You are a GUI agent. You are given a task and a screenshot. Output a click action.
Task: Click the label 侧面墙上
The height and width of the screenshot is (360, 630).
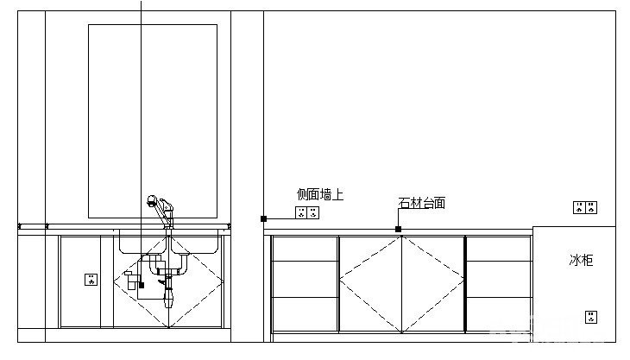(320, 195)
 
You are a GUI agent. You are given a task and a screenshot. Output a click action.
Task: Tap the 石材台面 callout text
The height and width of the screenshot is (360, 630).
(422, 203)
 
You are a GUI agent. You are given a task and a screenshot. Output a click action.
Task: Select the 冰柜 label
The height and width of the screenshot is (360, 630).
(581, 260)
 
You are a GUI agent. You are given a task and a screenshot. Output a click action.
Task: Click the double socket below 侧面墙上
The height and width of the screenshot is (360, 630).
(307, 212)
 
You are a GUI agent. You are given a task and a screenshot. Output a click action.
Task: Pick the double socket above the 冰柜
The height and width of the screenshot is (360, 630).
(585, 208)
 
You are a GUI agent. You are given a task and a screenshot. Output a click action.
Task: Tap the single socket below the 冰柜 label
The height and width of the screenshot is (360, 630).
(591, 317)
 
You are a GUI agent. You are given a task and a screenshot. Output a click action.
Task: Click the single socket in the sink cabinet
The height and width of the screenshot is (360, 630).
(91, 279)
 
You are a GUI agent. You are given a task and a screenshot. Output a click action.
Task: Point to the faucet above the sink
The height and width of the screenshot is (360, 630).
(161, 212)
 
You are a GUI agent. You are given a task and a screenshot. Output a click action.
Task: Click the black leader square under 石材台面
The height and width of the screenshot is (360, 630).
(398, 229)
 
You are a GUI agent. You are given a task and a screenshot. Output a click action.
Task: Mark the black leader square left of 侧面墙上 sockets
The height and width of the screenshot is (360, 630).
(263, 218)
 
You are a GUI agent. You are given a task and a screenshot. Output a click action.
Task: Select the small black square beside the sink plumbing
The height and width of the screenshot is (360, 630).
(142, 285)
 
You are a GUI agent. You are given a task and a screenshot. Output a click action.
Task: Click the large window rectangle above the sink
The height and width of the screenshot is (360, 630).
(153, 122)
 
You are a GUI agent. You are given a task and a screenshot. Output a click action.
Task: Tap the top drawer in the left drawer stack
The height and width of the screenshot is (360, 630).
(305, 249)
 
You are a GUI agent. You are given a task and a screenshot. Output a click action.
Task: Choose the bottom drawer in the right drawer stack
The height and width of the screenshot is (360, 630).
(499, 314)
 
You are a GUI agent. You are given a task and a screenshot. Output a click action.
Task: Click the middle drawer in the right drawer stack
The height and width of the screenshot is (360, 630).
(499, 280)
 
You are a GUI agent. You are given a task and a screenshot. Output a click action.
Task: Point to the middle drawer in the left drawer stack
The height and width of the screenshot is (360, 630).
(305, 280)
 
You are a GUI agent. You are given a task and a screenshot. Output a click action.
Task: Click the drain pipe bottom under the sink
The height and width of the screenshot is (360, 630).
(169, 298)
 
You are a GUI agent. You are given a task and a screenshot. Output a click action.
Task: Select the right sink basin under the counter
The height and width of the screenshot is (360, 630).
(195, 242)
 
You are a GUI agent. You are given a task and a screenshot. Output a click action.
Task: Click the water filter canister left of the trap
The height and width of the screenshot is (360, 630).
(130, 281)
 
